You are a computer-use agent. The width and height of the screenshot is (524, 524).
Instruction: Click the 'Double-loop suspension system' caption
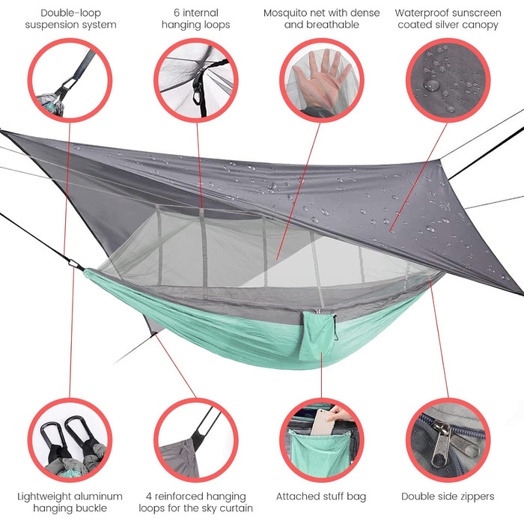click(70, 19)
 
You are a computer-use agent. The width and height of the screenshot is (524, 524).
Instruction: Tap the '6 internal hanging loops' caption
click(196, 19)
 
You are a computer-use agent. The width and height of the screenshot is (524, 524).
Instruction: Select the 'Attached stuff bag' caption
click(321, 496)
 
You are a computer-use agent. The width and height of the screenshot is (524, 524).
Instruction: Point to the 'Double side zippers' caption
click(448, 496)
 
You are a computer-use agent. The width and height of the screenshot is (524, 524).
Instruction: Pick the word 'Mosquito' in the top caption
click(284, 13)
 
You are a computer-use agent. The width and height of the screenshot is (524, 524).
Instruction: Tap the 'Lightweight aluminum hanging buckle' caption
click(70, 502)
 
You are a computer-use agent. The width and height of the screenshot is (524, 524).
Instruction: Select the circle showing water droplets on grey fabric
click(448, 80)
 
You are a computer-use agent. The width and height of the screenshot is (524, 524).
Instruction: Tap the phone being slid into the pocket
click(323, 421)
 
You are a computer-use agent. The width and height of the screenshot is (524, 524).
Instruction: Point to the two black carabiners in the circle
click(66, 435)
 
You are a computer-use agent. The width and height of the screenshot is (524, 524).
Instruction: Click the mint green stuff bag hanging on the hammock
click(317, 336)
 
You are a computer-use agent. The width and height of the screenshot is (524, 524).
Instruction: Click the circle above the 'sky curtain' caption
click(196, 440)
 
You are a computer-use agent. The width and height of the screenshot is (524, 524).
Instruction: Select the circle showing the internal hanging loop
click(196, 80)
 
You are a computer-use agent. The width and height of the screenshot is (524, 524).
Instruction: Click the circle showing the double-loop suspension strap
click(70, 80)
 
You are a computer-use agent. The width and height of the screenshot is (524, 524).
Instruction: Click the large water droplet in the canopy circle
click(431, 85)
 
